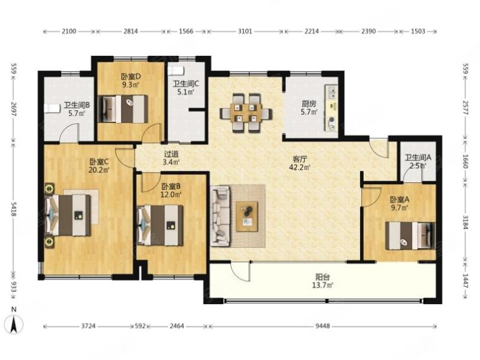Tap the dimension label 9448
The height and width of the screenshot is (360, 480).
pos(323,326)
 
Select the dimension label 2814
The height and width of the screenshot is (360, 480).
pos(130,31)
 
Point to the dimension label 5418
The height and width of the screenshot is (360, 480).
pos(13,209)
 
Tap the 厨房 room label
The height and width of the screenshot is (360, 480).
pos(308,104)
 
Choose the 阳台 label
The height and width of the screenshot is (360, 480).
pos(323,277)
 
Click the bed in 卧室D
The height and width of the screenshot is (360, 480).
pos(123,109)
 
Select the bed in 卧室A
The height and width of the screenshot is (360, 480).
pos(410,236)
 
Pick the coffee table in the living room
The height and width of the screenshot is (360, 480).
pos(247,217)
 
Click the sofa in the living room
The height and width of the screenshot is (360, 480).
pos(220,217)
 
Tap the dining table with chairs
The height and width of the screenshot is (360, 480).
pos(246,113)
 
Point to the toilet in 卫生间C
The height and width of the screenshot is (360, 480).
pos(176,70)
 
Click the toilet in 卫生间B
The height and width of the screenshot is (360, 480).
pos(53,109)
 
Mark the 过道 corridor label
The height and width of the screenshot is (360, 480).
pos(171,154)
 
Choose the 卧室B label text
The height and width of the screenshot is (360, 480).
pos(171,186)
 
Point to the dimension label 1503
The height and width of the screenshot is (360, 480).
pos(418,31)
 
